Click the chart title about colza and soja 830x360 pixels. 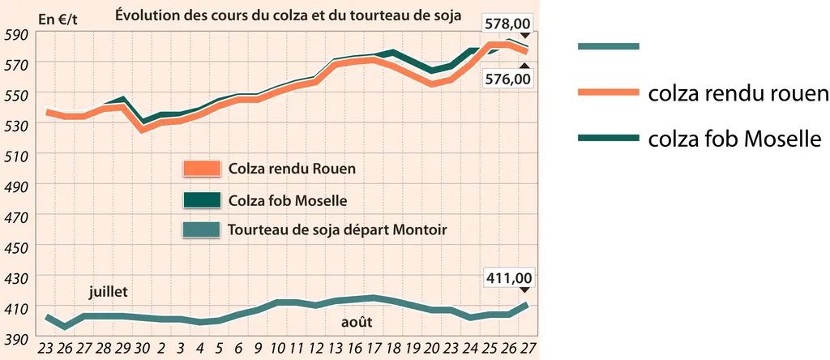point(288,15)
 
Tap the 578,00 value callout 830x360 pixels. point(508,24)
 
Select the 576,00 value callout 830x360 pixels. point(508,79)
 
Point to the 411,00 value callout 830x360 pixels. point(508,278)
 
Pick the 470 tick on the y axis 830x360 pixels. point(18,216)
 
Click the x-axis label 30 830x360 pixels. point(142,350)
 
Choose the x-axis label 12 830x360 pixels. point(317,350)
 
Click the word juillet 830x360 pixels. point(108,292)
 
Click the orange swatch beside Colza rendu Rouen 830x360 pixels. point(201,169)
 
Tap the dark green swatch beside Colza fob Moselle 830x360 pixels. point(201,199)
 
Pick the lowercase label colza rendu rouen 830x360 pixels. point(738,94)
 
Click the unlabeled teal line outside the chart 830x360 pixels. point(608,46)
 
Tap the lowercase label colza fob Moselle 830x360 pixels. point(734,139)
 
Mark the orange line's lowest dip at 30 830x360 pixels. point(142,131)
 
